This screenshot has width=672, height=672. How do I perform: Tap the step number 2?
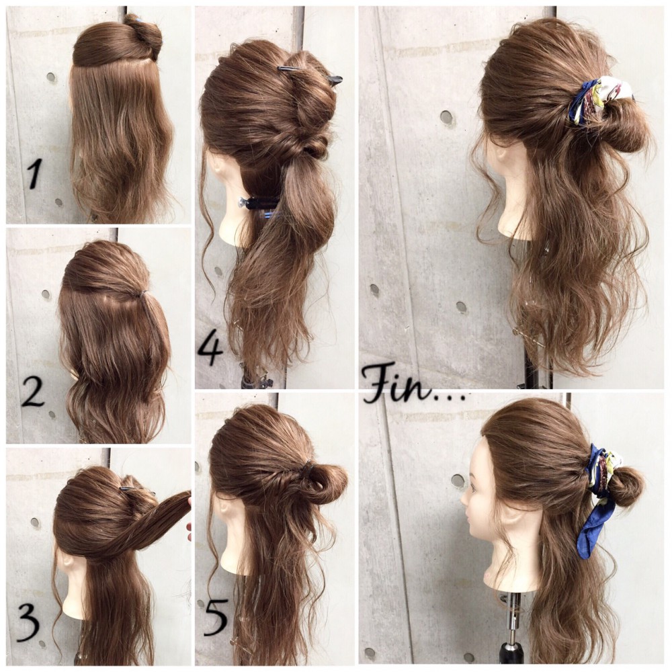[x=33, y=392]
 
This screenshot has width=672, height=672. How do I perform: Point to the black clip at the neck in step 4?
[x=259, y=203]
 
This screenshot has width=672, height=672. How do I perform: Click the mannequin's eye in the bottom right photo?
[x=474, y=488]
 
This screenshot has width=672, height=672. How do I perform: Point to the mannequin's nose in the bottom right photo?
[x=463, y=499]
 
